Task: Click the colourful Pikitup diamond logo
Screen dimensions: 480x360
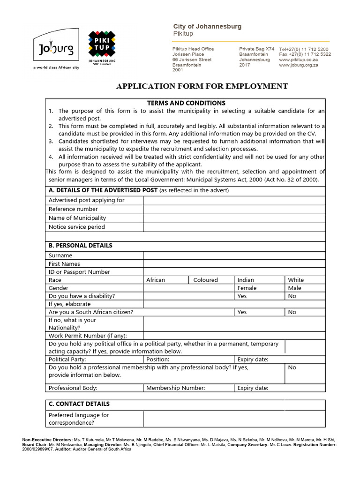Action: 102,45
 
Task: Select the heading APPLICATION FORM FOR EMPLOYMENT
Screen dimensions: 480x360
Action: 202,86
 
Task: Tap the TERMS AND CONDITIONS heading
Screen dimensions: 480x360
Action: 186,103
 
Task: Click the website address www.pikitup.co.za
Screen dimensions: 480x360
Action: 299,60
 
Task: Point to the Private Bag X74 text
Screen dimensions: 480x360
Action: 256,49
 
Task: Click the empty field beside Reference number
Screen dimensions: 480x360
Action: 234,209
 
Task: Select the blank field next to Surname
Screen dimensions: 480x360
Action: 234,255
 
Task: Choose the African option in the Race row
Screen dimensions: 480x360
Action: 156,280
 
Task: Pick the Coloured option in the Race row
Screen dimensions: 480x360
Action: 205,280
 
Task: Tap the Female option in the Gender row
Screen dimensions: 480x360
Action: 247,288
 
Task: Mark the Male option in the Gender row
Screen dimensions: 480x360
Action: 295,288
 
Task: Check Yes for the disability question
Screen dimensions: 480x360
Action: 242,296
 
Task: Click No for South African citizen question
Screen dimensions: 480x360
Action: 292,312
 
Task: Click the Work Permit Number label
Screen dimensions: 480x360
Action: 88,336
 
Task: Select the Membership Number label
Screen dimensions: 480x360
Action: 175,388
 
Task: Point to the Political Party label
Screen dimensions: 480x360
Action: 67,360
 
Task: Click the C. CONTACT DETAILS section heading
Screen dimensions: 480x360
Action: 79,404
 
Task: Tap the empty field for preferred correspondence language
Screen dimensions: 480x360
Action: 234,419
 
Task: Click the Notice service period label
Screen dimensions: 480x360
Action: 76,227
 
